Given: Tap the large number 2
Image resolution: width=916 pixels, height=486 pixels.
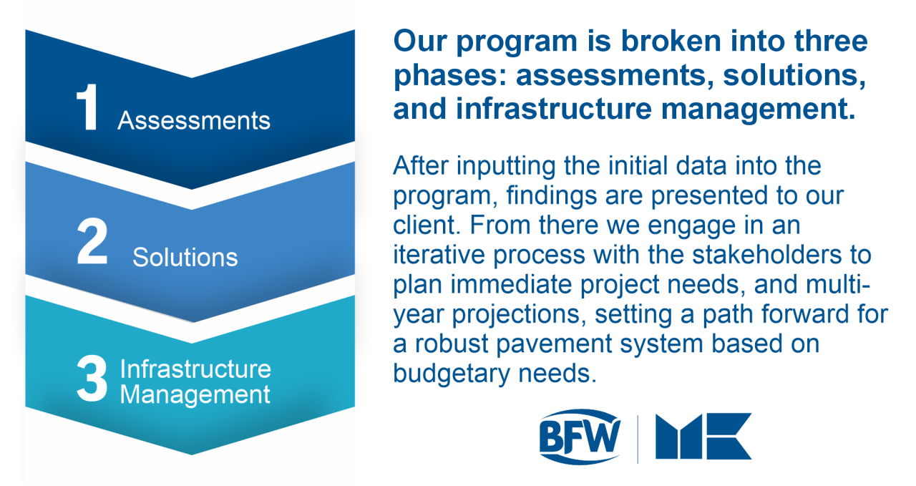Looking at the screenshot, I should pyautogui.click(x=93, y=245).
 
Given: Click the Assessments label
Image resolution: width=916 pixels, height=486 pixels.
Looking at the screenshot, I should pyautogui.click(x=194, y=120).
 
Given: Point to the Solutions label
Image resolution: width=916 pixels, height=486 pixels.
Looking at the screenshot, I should pyautogui.click(x=185, y=257).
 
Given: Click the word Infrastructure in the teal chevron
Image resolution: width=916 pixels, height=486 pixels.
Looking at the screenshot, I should pyautogui.click(x=195, y=369).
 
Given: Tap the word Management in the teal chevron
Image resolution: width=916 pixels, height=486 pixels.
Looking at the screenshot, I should pyautogui.click(x=195, y=394).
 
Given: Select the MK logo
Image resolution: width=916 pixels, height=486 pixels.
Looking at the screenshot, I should pyautogui.click(x=703, y=436).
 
